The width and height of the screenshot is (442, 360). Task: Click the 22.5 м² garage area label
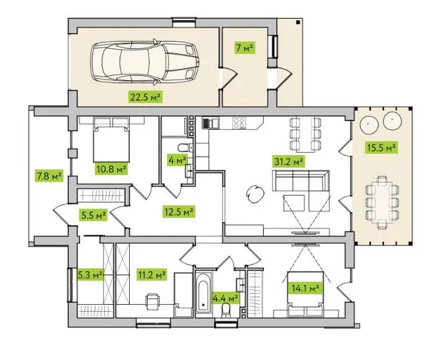(146, 97)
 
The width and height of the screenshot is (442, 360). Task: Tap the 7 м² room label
(244, 48)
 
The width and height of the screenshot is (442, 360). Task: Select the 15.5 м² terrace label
(381, 147)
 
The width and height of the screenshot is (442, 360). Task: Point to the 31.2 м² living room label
(289, 162)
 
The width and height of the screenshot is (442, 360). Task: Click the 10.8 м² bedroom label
(110, 169)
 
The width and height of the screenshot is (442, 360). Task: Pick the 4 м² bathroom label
(177, 160)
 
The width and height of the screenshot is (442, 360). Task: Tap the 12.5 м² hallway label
(178, 211)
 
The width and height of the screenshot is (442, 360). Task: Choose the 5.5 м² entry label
(93, 215)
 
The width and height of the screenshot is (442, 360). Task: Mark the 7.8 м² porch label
(48, 176)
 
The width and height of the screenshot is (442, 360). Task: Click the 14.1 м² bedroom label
(305, 288)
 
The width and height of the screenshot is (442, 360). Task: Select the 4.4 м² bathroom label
(225, 297)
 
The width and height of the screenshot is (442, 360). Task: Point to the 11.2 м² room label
(152, 274)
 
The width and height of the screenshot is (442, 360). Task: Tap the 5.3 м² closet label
(90, 274)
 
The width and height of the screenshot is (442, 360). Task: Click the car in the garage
(144, 62)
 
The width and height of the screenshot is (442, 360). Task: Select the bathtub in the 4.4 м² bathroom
(204, 293)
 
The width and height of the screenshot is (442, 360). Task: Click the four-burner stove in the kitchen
(239, 123)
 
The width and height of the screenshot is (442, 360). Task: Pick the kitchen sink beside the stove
(211, 123)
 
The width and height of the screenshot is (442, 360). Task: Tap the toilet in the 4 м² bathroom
(185, 147)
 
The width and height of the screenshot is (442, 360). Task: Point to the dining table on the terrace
(382, 202)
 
